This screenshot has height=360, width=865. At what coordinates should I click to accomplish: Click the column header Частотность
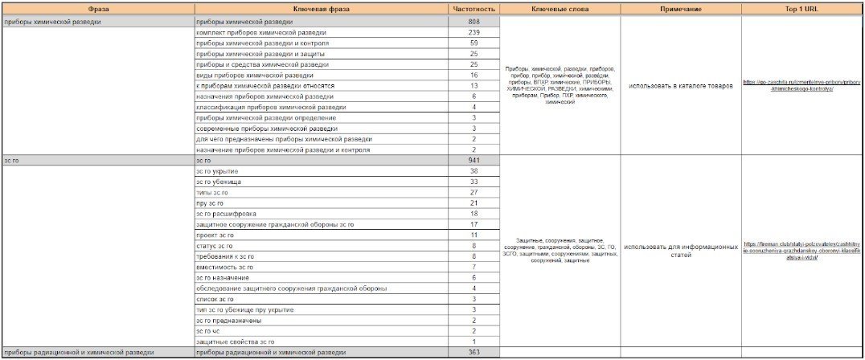pos(474,9)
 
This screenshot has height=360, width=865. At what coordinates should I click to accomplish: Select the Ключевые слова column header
pos(560,9)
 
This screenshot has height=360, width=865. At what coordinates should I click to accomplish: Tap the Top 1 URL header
pos(801,9)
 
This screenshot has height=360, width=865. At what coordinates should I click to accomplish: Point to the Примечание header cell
pos(681,9)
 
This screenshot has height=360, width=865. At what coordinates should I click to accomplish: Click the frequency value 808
pos(474,21)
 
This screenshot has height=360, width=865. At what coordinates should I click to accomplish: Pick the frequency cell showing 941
pos(474,161)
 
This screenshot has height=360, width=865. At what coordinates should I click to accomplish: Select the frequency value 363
pos(474,352)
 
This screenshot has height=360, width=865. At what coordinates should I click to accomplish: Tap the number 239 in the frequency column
pos(474,32)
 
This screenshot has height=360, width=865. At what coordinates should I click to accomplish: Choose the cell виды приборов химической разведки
pos(243,75)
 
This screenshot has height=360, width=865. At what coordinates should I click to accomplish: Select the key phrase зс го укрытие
pos(217,171)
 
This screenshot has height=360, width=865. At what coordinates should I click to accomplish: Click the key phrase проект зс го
pos(215,235)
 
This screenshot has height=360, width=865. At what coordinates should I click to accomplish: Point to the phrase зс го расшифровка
pos(224,214)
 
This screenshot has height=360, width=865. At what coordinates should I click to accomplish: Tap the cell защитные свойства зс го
pos(236,342)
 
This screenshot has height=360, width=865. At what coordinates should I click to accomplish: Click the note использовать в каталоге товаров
pos(681,85)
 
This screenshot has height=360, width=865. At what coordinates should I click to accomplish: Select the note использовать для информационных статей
pos(681,251)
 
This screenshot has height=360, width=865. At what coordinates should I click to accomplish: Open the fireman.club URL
pos(801,251)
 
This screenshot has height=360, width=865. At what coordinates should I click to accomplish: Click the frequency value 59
pos(474,43)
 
